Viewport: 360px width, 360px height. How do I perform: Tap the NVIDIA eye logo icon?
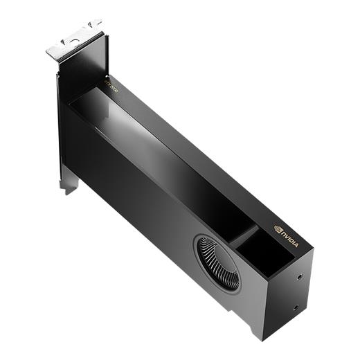[x=278, y=228]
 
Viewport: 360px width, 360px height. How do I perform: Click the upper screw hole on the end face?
[x=299, y=276]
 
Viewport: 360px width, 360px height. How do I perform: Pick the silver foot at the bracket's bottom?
[x=69, y=185]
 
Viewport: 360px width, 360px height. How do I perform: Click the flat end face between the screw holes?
[x=298, y=291]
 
